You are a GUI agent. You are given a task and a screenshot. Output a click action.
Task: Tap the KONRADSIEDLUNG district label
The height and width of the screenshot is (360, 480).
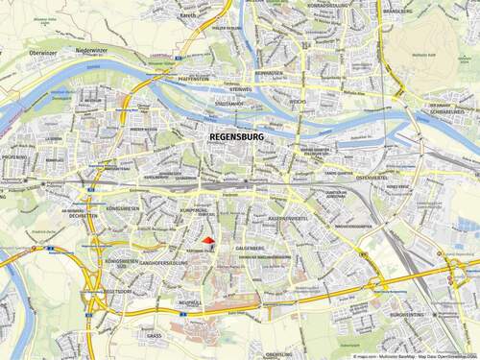point(327,5)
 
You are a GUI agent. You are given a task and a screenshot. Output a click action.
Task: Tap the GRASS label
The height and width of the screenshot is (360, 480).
point(154,337)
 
